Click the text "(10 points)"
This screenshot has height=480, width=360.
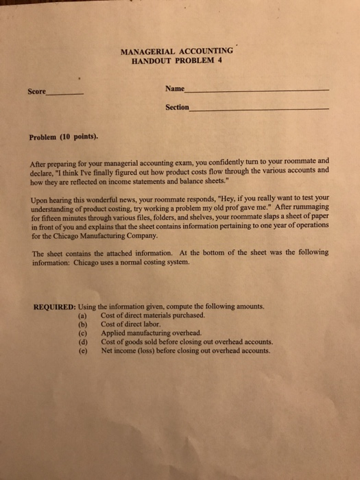80,136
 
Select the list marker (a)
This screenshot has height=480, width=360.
84,315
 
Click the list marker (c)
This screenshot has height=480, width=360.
84,333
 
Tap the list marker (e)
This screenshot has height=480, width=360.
84,350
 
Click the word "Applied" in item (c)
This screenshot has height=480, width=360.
113,333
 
